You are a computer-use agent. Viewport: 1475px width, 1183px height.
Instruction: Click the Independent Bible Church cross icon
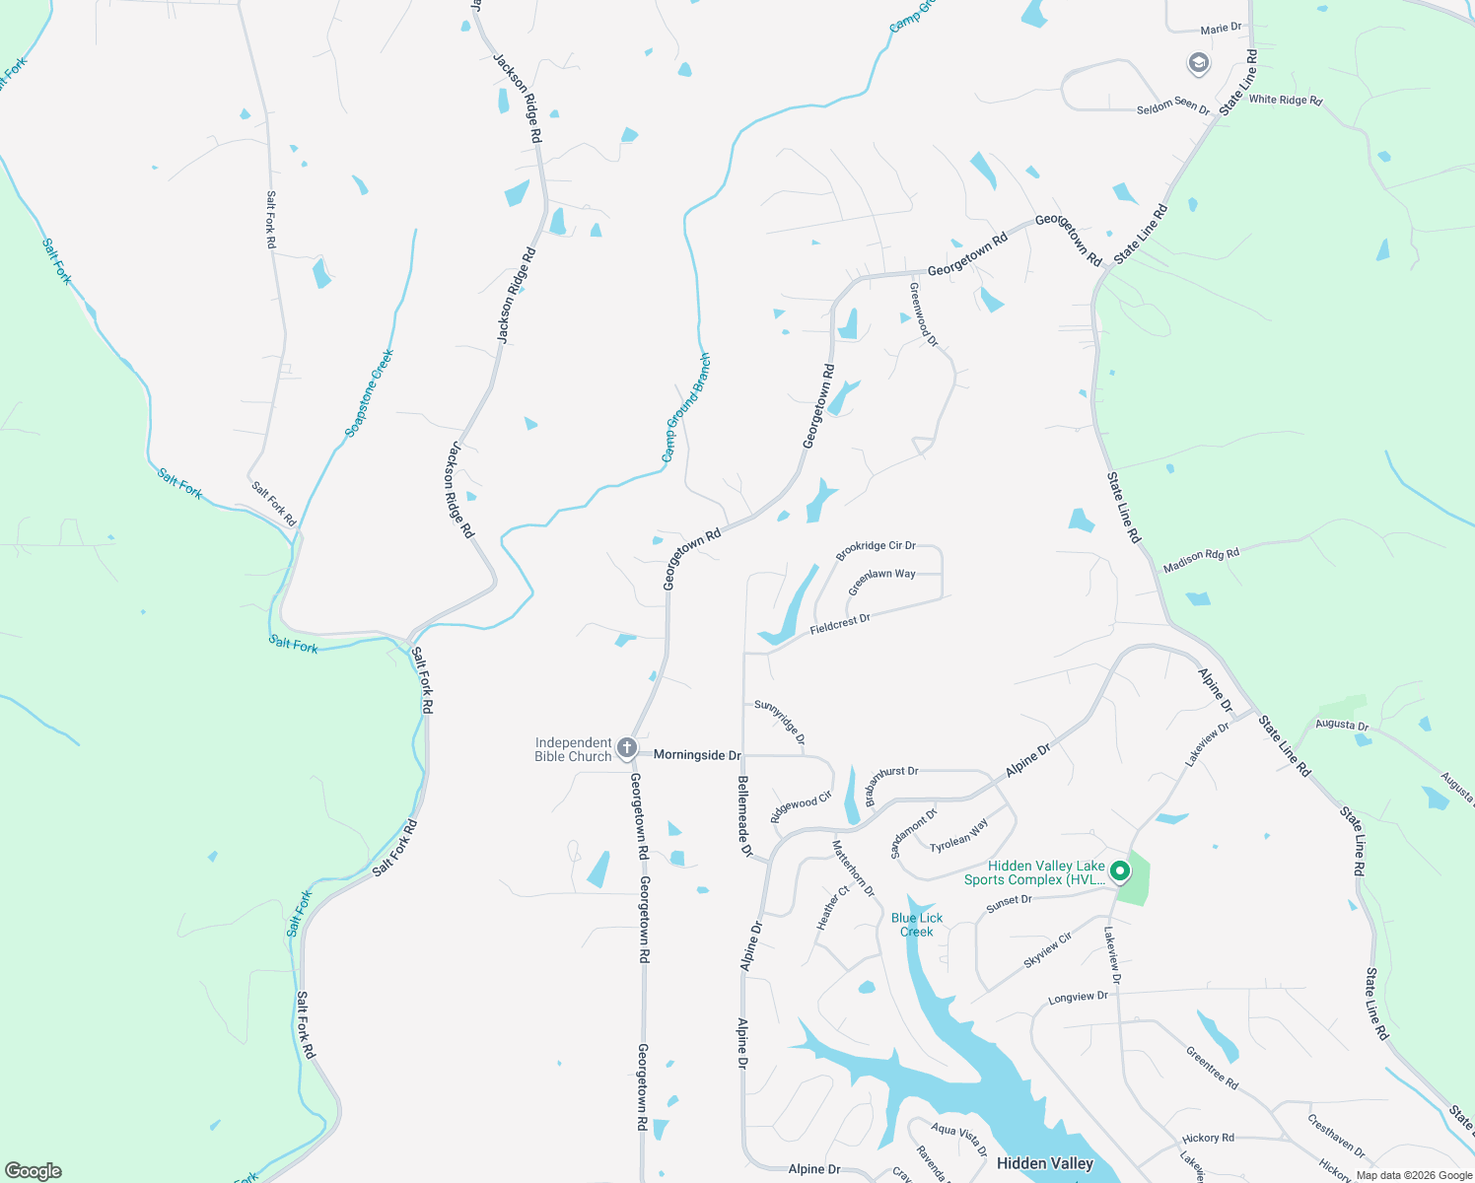[626, 749]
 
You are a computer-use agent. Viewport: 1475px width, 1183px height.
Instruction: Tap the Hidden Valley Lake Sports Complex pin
[1119, 871]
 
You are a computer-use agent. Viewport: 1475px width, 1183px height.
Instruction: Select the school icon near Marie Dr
[1198, 64]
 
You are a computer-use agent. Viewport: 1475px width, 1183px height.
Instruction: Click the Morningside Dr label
[696, 755]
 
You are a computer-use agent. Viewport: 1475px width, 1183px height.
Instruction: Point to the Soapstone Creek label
[370, 393]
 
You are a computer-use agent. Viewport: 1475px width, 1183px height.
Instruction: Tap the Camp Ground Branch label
[685, 407]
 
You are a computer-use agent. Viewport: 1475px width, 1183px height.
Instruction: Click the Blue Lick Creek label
[917, 925]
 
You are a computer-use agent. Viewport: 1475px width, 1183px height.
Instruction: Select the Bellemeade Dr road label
[744, 815]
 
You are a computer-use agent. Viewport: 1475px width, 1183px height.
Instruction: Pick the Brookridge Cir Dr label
[876, 550]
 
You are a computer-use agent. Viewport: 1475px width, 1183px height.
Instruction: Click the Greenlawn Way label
[881, 581]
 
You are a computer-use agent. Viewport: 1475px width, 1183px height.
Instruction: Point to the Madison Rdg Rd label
[1201, 560]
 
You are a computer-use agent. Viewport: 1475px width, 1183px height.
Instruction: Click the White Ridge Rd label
[1285, 100]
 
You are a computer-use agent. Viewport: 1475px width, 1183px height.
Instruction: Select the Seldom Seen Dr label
[1173, 105]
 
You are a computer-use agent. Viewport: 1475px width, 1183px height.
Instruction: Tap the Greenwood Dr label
[924, 314]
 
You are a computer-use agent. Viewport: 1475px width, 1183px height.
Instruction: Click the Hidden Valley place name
[1045, 1163]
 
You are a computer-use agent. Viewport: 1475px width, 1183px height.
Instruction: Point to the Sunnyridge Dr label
[780, 722]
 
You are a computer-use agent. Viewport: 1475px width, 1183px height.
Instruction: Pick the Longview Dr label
[1078, 998]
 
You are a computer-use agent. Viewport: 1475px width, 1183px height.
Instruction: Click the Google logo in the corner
[33, 1171]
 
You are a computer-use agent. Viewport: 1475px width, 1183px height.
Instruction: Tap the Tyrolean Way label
[958, 836]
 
